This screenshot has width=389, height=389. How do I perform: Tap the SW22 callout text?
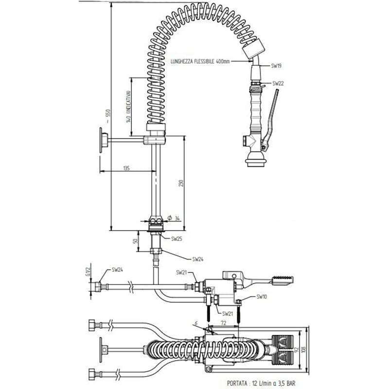click(278, 84)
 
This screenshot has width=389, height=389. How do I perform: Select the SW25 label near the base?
click(177, 239)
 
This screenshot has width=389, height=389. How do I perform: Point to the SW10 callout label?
click(261, 297)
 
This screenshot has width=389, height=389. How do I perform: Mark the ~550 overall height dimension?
click(108, 116)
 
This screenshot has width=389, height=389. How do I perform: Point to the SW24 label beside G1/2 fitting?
click(117, 269)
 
